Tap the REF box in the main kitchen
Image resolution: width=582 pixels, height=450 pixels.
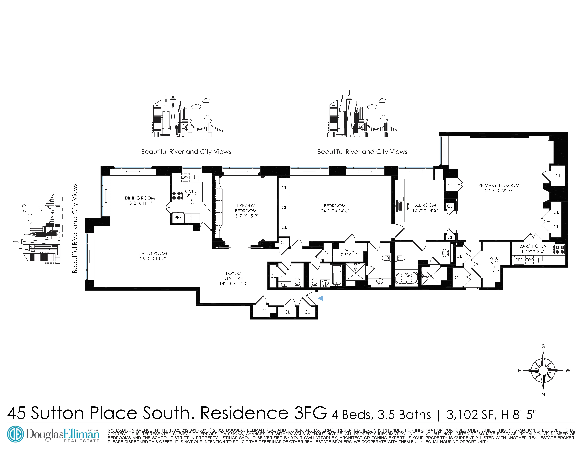point(178,218)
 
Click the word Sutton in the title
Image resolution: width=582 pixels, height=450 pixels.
point(57,413)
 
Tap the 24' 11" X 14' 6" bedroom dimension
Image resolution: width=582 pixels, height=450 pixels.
point(335,211)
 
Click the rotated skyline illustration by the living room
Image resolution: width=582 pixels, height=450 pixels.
point(40,229)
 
